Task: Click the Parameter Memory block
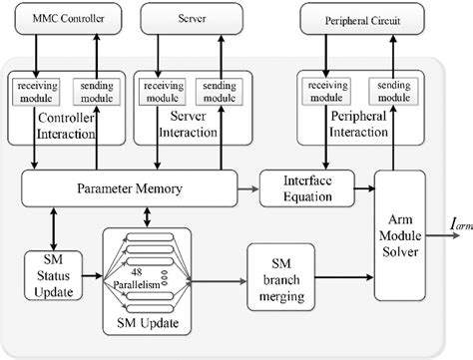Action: click(x=129, y=185)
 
